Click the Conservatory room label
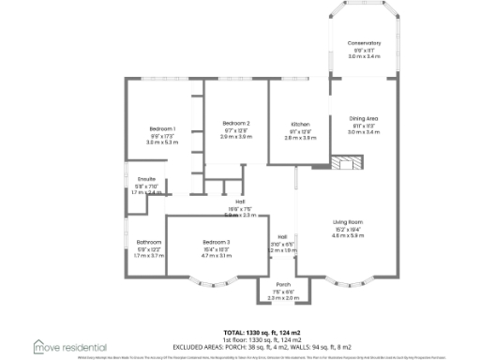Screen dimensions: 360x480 click(x=364, y=43)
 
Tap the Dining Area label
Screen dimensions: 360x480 click(x=364, y=118)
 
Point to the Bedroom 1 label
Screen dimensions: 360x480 click(x=162, y=128)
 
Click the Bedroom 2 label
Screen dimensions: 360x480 click(x=236, y=124)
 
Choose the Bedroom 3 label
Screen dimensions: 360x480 click(x=216, y=242)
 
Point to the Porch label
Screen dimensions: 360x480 click(x=283, y=285)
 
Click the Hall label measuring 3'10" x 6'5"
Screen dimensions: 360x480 click(x=282, y=237)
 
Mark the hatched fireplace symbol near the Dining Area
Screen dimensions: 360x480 click(x=344, y=161)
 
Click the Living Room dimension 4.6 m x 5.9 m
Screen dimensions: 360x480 click(x=349, y=235)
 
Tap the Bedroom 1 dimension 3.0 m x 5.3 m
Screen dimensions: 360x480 click(x=162, y=142)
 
